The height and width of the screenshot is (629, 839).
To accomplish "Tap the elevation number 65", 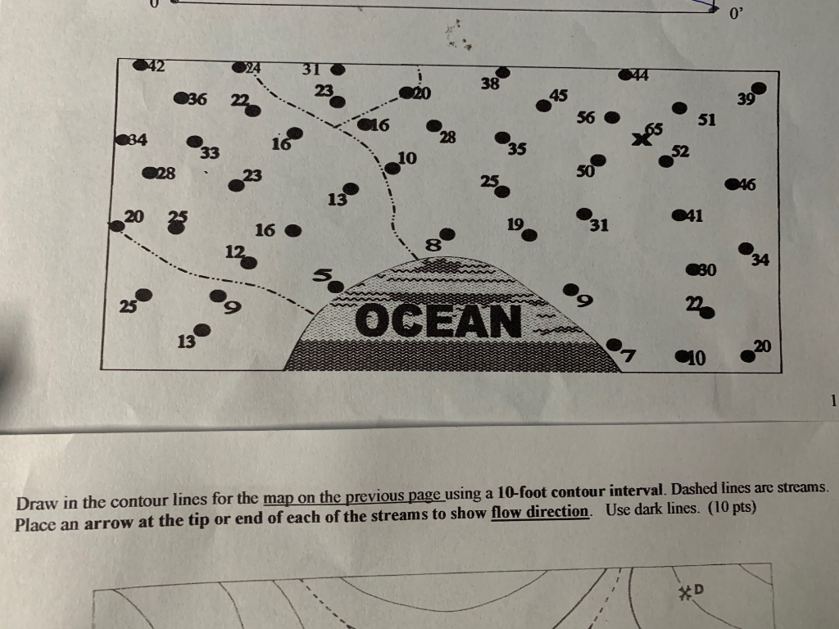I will pyautogui.click(x=654, y=129).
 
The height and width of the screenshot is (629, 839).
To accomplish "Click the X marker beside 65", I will pyautogui.click(x=639, y=140).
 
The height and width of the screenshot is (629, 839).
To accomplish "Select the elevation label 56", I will pyautogui.click(x=585, y=118).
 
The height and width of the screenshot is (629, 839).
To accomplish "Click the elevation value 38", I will pyautogui.click(x=490, y=83).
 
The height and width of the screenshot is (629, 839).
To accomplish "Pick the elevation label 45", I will pyautogui.click(x=559, y=95).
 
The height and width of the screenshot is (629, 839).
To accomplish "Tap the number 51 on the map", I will pyautogui.click(x=707, y=120).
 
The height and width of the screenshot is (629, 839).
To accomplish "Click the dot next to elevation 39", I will pyautogui.click(x=760, y=88).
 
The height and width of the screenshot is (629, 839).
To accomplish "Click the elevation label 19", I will pyautogui.click(x=515, y=223).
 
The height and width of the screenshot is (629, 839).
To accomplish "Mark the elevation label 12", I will pyautogui.click(x=234, y=252).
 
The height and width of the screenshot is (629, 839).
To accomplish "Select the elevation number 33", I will pyautogui.click(x=210, y=152).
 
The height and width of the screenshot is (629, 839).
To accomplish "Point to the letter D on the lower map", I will pyautogui.click(x=701, y=588).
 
